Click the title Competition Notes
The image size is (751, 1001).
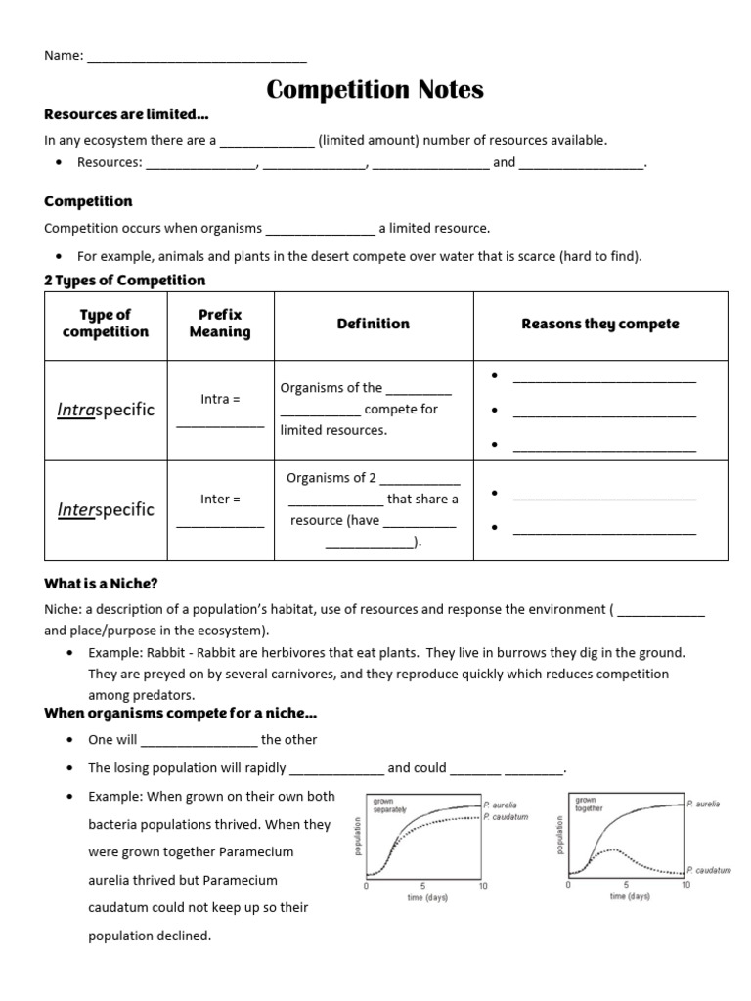375,90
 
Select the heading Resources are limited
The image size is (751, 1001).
126,114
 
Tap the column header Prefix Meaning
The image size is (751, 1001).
220,324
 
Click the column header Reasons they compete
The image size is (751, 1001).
599,324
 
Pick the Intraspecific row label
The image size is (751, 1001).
106,410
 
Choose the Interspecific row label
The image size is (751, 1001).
106,509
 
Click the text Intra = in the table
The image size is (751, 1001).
220,399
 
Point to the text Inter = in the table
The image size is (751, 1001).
220,499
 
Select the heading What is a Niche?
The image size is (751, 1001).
101,584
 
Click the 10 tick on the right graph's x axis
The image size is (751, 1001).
685,886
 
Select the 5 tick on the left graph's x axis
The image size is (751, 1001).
422,886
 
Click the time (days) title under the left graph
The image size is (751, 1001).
426,897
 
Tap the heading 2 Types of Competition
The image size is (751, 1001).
125,281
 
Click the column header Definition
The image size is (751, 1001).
373,324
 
